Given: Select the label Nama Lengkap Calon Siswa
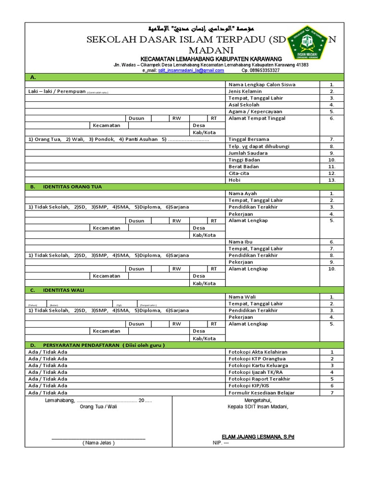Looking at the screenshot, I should (x=262, y=85).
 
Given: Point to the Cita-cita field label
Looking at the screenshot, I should (x=242, y=173).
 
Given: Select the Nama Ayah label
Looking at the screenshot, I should (x=243, y=194).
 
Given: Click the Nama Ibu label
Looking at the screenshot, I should (x=241, y=242).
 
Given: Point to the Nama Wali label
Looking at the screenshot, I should (x=242, y=297).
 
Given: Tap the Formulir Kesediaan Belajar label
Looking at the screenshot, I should (x=261, y=393).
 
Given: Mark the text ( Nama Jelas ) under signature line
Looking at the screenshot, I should (x=98, y=443).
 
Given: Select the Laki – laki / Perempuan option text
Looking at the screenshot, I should (x=57, y=91).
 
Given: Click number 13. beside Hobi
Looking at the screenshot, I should (x=332, y=180).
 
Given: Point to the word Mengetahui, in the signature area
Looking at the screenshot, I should (x=258, y=400).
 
